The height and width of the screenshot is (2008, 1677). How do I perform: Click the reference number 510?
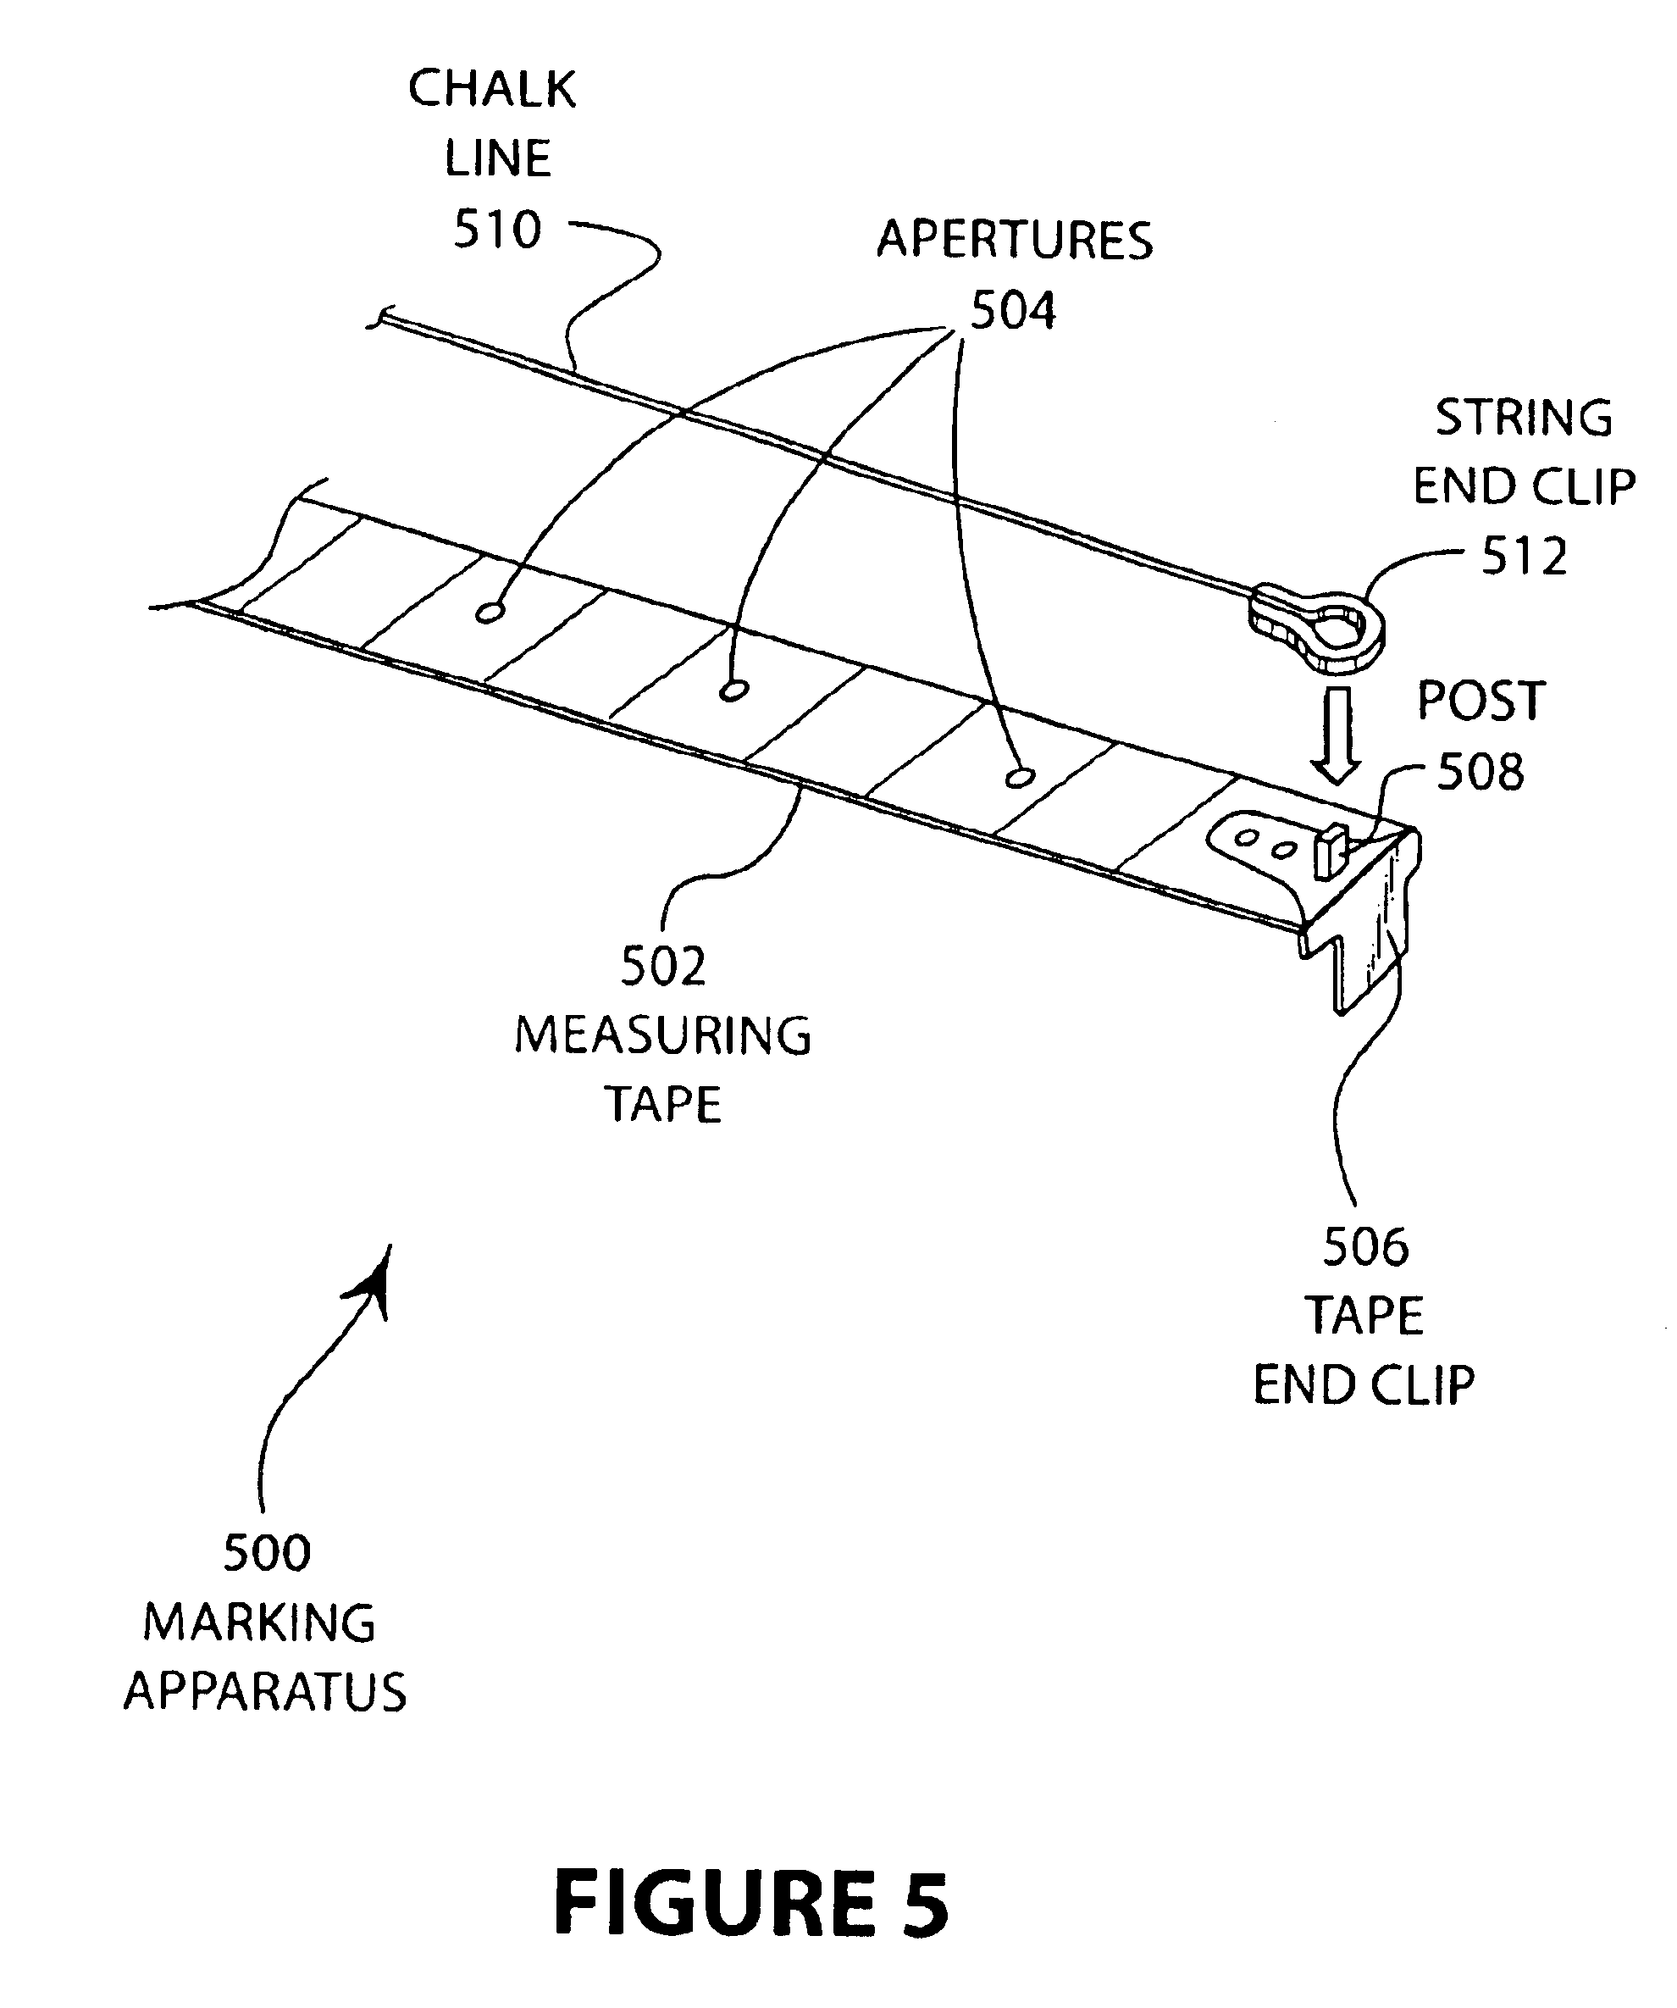497,230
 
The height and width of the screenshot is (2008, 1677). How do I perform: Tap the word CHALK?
492,90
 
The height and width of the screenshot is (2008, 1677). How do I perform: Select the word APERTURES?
1015,240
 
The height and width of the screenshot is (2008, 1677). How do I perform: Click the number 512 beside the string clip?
1524,557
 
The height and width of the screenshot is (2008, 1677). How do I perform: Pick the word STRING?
1524,419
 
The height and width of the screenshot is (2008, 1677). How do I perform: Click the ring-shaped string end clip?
1324,626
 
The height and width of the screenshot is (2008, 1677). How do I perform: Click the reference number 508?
1480,773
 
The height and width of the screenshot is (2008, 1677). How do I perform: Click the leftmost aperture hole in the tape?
489,613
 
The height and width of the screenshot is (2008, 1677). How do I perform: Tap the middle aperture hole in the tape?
733,691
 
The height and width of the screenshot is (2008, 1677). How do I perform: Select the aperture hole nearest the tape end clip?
1020,778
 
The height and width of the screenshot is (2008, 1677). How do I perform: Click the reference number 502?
662,967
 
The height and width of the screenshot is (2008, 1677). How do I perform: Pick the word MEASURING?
662,1036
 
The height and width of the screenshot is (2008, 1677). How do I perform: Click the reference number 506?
1365,1247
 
